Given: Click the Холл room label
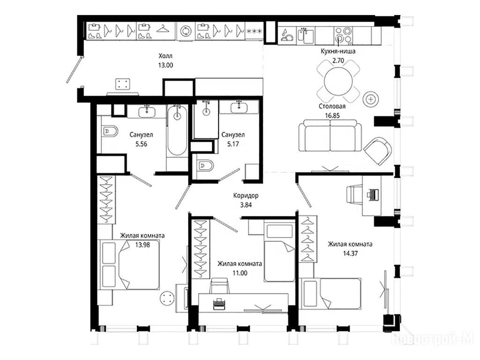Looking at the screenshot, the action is pyautogui.click(x=165, y=56).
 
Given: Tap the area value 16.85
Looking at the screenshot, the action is pyautogui.click(x=332, y=116).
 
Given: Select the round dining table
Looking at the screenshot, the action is pyautogui.click(x=338, y=81).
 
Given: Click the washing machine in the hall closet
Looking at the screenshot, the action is pyautogui.click(x=186, y=31).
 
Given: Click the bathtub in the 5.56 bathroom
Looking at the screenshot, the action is pyautogui.click(x=177, y=130).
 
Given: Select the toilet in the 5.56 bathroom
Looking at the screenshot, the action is pyautogui.click(x=109, y=131).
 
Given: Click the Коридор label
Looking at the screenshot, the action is pyautogui.click(x=246, y=195).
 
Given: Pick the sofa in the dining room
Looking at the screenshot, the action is pyautogui.click(x=330, y=135).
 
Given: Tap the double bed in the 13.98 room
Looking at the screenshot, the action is pyautogui.click(x=128, y=264).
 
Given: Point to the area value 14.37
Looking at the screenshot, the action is pyautogui.click(x=351, y=253).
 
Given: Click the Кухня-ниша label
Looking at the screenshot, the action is pyautogui.click(x=338, y=51).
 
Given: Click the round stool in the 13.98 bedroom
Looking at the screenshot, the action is pyautogui.click(x=167, y=297).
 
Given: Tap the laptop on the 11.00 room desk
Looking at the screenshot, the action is pyautogui.click(x=219, y=303).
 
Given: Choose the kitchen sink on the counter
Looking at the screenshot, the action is pyautogui.click(x=306, y=35).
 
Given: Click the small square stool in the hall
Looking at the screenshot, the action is pyautogui.click(x=122, y=84).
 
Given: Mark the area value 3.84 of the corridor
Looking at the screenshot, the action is pyautogui.click(x=246, y=205).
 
